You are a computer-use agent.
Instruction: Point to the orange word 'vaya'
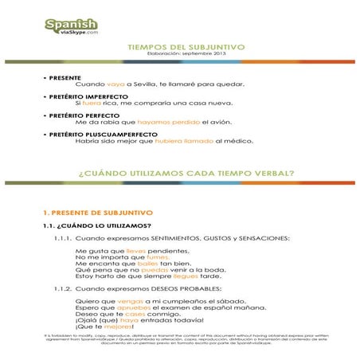tap(115, 84)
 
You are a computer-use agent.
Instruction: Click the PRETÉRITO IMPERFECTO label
tap(84, 96)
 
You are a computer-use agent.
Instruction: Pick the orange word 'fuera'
tap(93, 104)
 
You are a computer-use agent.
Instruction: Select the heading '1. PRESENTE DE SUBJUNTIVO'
tap(97, 213)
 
